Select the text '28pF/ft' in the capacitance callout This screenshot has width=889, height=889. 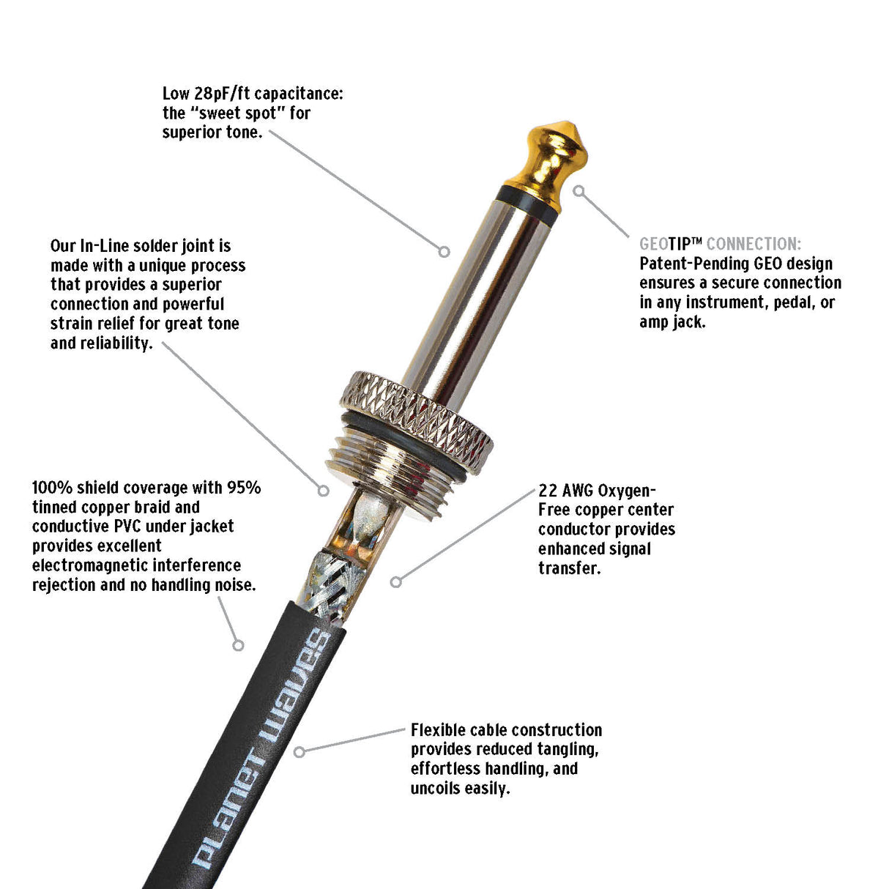click(x=222, y=94)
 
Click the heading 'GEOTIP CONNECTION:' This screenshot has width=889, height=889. click(x=721, y=244)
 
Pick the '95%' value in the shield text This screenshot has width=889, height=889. click(x=243, y=488)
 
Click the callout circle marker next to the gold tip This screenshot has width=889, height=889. click(x=579, y=191)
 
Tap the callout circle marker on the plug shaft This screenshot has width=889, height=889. click(x=444, y=251)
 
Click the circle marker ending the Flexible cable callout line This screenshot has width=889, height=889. click(x=299, y=751)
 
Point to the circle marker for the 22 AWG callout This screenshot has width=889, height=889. click(x=396, y=581)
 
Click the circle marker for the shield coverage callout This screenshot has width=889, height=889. click(x=238, y=645)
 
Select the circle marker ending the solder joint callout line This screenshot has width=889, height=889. click(x=323, y=491)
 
